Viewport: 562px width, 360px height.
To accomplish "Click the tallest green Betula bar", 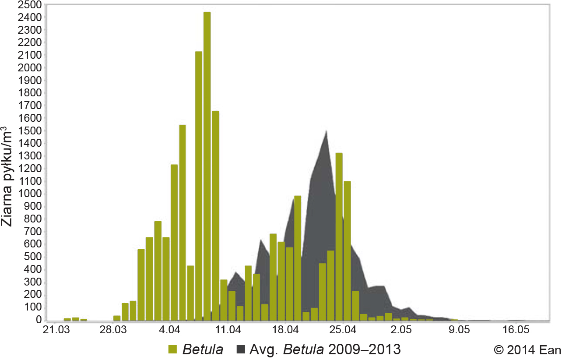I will (x=207, y=166).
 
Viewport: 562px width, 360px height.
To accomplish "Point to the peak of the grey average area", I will (x=326, y=131).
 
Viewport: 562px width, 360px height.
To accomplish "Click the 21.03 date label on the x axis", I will (x=56, y=330).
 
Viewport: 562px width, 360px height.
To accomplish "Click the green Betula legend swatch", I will (x=173, y=349).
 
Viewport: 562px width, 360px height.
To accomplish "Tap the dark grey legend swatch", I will (x=240, y=349).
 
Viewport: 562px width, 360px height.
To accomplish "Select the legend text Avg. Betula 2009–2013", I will (x=325, y=349).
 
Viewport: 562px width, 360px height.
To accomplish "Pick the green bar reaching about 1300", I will (x=339, y=236).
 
